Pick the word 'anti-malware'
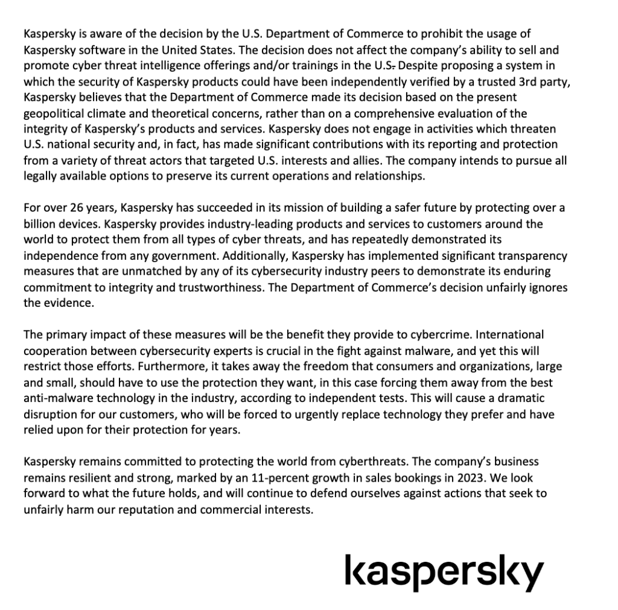[x=56, y=398]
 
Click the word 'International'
[x=505, y=335]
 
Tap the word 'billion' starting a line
[x=40, y=224]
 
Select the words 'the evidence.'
[x=59, y=303]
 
